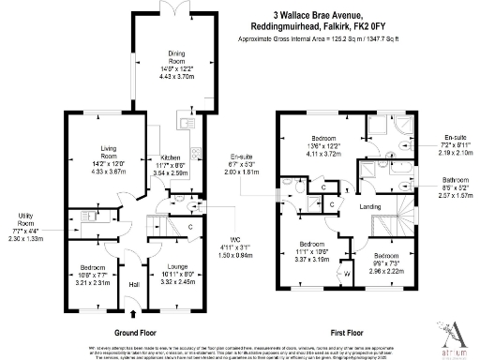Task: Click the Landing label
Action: coord(369,207)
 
